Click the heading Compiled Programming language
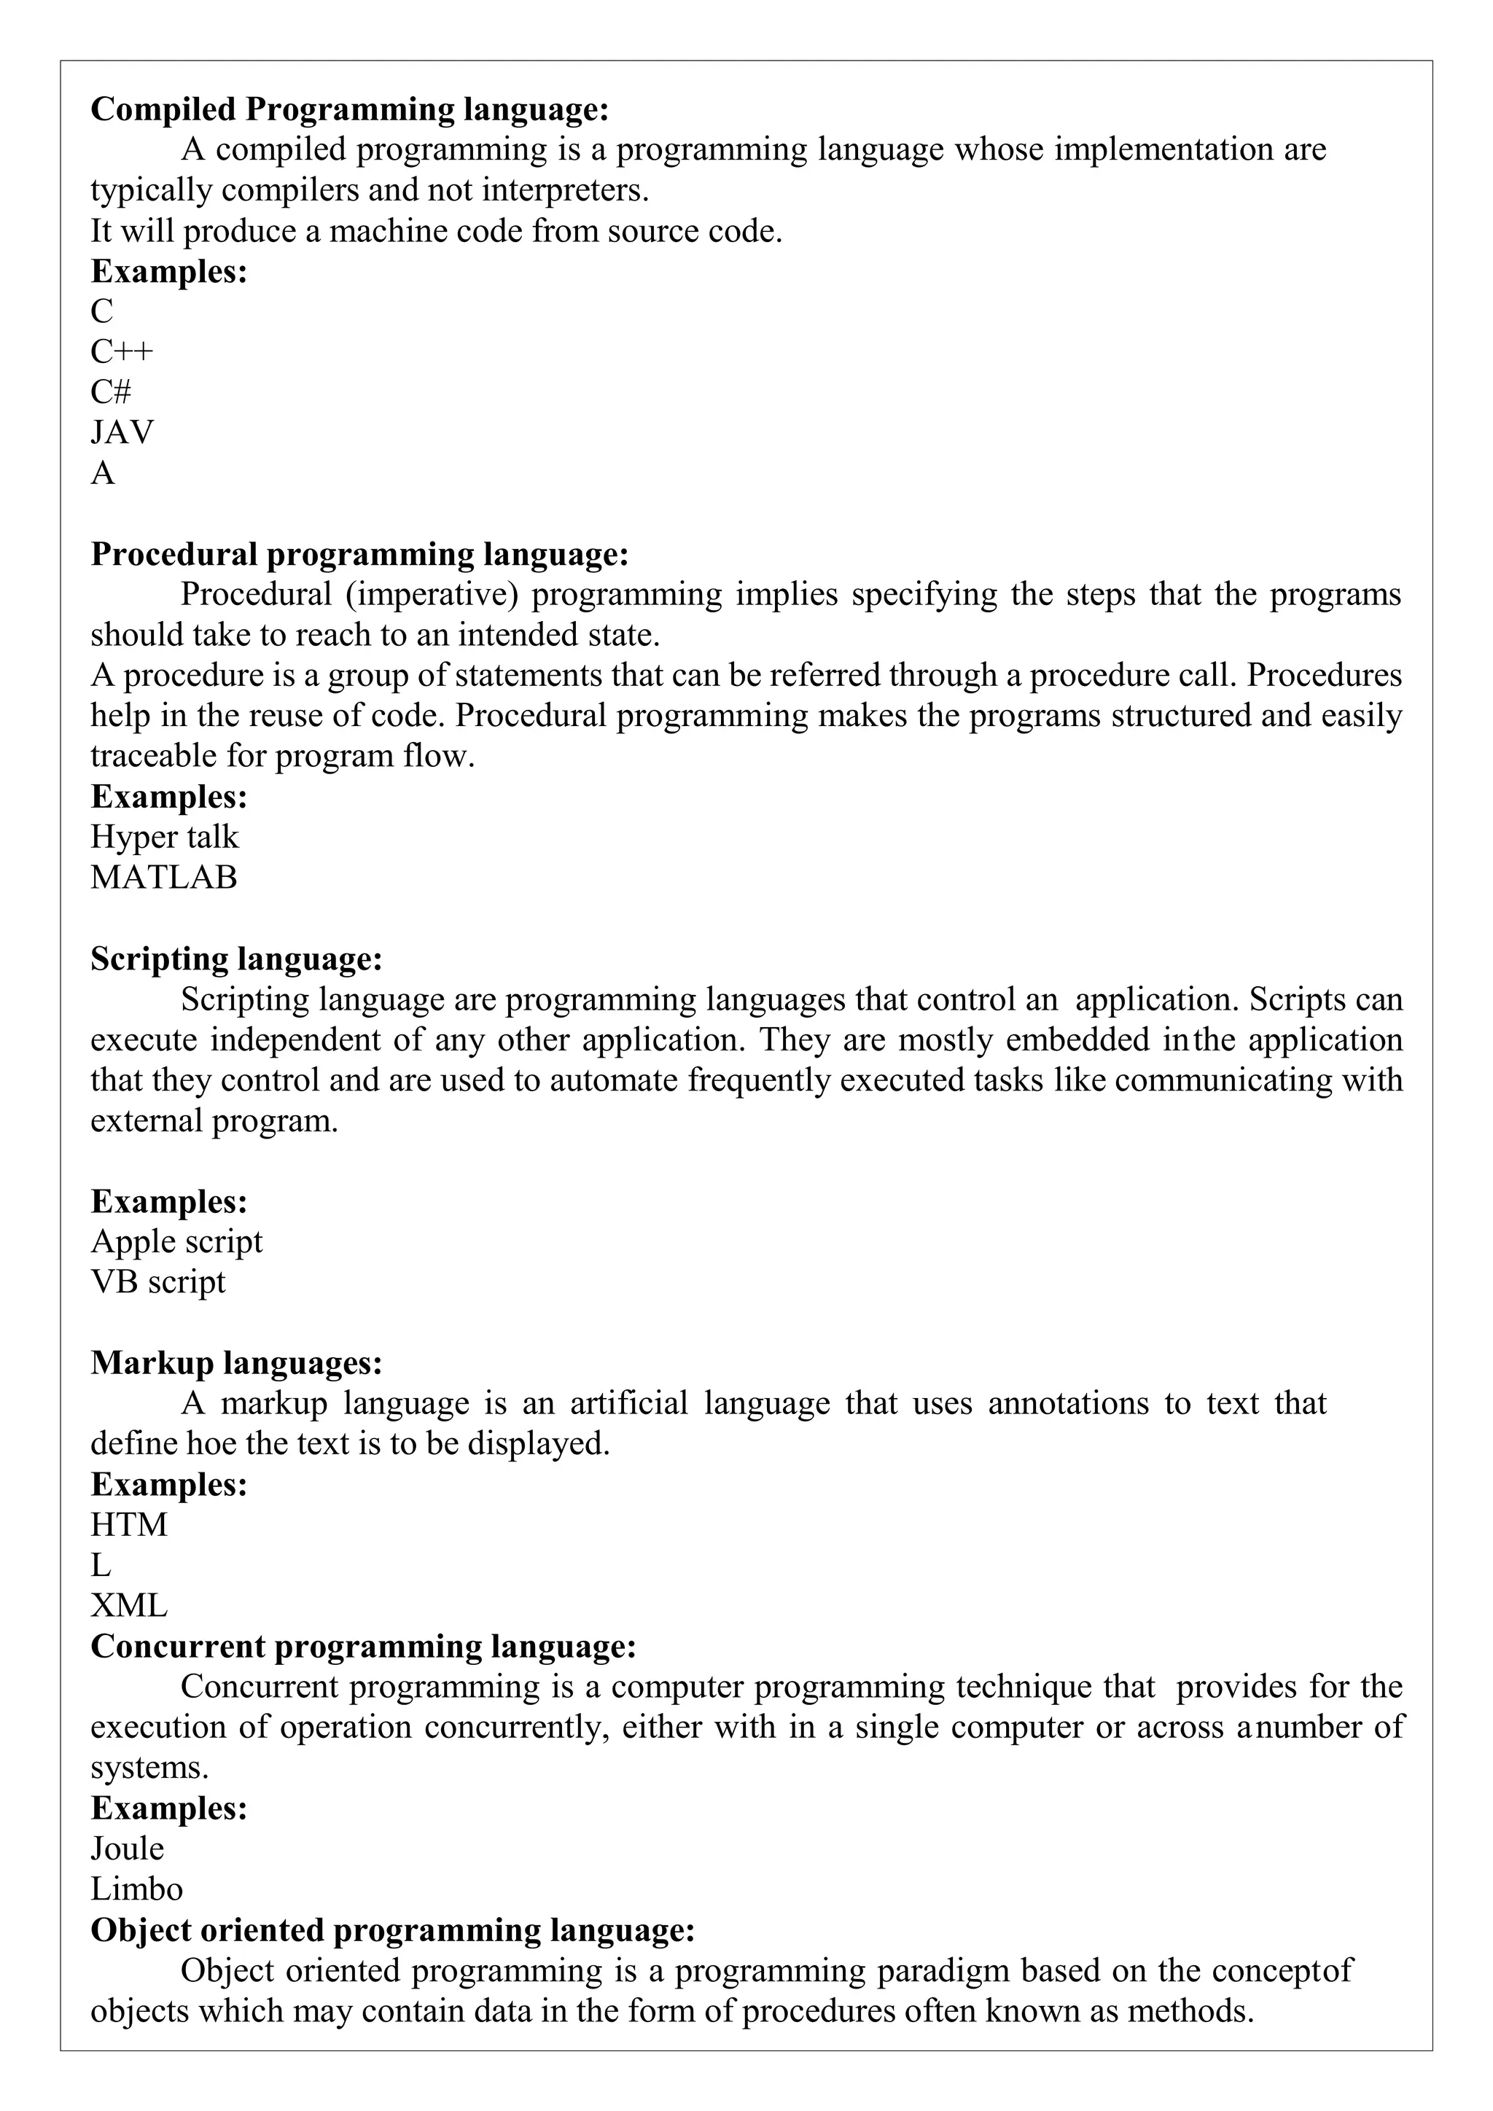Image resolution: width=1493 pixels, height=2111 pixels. (x=349, y=109)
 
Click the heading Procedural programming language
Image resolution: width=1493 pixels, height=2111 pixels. (x=359, y=555)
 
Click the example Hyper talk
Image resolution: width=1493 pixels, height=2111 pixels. (x=163, y=837)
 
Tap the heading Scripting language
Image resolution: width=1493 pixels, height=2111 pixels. (x=236, y=959)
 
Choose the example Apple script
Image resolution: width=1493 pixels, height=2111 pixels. (x=176, y=1241)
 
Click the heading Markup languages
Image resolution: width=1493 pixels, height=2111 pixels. (x=236, y=1362)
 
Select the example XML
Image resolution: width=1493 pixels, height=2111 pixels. (x=129, y=1605)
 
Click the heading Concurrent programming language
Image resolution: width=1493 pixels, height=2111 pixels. (x=363, y=1646)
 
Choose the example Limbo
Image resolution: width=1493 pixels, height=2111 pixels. (x=136, y=1889)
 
